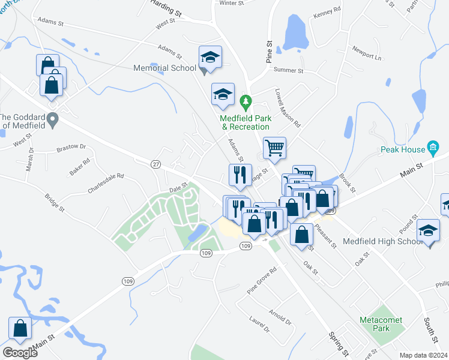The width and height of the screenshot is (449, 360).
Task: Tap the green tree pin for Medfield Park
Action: pos(244,101)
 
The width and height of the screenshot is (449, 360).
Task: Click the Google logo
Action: pos(20,353)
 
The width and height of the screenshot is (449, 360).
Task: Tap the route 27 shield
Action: pos(156,164)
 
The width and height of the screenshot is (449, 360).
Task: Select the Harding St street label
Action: pos(166,9)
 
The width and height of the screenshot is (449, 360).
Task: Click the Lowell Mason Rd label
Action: pos(289,109)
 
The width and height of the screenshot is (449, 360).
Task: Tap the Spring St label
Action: pos(339,340)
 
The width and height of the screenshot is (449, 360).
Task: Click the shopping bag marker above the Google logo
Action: pos(20,328)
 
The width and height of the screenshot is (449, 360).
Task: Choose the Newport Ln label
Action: pos(367,53)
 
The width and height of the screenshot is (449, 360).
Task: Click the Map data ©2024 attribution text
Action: pos(423,355)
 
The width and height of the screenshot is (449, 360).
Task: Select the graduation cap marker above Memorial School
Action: pos(210,58)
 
